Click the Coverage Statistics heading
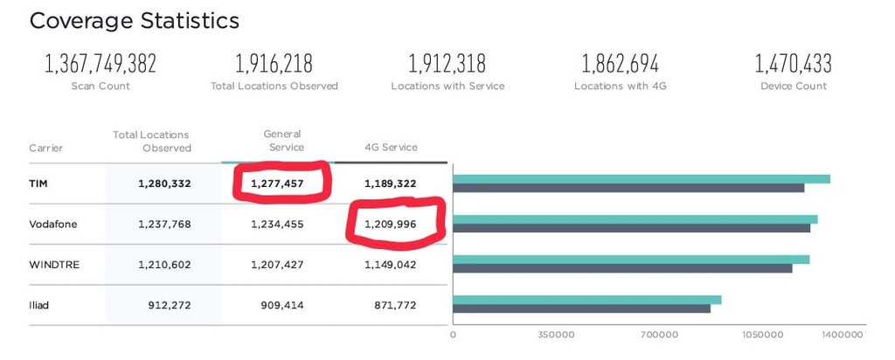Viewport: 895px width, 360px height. point(134,21)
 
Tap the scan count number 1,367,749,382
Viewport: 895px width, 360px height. point(100,64)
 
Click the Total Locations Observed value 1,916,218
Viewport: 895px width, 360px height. point(274,64)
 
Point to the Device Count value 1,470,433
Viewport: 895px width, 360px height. point(793,64)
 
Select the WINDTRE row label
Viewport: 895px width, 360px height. point(54,265)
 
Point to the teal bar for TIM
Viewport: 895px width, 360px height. point(641,179)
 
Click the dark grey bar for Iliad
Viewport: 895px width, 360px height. point(581,308)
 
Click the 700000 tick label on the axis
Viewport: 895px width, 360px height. point(659,335)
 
